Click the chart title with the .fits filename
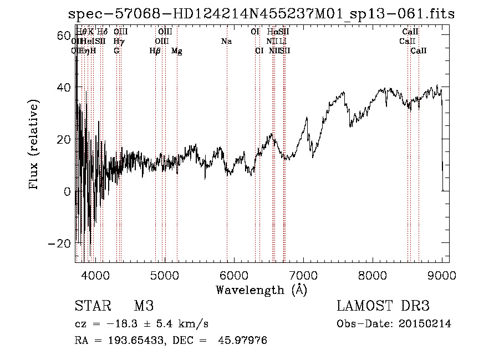[261, 14]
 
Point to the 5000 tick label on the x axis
[165, 275]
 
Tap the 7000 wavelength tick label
[303, 275]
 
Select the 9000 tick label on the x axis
[442, 275]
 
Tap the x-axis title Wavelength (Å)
[261, 290]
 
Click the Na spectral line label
[226, 42]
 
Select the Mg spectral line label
[177, 51]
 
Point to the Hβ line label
[155, 51]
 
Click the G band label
[116, 51]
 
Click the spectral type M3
[143, 306]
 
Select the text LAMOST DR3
[383, 306]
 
